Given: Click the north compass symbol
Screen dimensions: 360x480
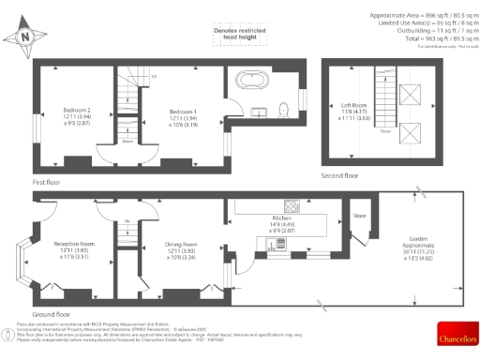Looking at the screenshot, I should point(26,37).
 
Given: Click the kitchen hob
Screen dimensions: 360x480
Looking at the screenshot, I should point(292,207).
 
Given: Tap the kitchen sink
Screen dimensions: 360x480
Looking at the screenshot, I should point(277,245).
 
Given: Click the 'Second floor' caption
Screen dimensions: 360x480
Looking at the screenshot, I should point(337,175).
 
